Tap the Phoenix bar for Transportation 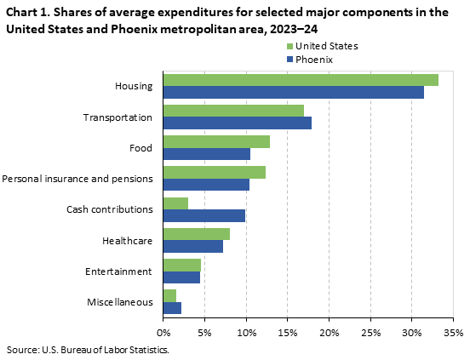tap(238, 123)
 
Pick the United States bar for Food tap(216, 141)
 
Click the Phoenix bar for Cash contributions tap(204, 215)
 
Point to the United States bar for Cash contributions tap(175, 203)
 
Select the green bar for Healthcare tap(197, 234)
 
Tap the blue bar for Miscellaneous tap(172, 308)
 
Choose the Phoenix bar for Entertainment tap(181, 277)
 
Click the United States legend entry tap(328, 45)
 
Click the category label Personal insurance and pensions tap(77, 179)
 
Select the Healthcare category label tap(129, 241)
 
